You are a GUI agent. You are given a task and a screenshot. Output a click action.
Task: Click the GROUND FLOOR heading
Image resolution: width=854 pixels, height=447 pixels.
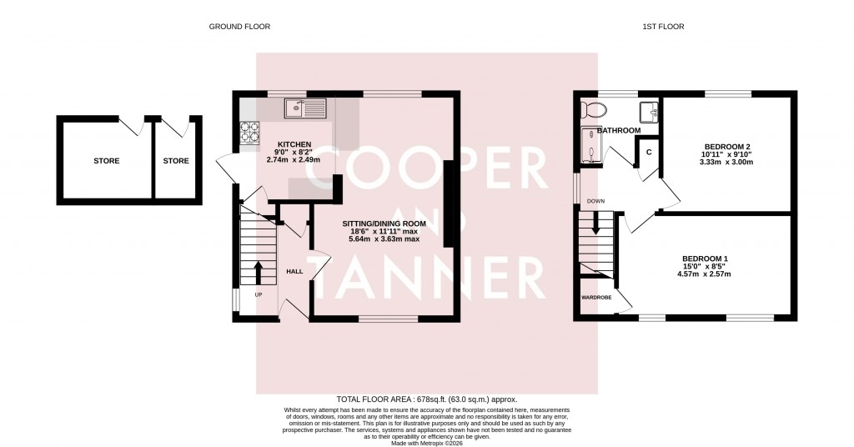point(239,27)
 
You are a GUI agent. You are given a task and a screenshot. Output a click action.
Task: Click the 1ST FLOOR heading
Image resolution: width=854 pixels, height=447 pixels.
point(663,27)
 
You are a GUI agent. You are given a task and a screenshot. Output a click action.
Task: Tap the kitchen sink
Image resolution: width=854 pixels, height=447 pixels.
point(306,108)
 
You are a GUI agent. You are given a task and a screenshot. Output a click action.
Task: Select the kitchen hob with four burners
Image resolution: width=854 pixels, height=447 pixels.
point(250,133)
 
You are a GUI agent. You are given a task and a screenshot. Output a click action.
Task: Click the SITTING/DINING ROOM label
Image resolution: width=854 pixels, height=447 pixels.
point(384,223)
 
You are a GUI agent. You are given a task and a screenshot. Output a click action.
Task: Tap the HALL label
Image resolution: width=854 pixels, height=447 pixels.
point(294,271)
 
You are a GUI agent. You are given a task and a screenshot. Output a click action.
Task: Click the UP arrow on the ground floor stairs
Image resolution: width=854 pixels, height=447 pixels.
point(257,272)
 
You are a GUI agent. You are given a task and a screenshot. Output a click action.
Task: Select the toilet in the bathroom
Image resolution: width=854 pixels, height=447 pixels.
point(594,109)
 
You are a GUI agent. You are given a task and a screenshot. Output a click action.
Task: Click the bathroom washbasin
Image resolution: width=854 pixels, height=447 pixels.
point(650,111)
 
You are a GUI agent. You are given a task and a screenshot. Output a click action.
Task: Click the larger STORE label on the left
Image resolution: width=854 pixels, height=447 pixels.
point(106,161)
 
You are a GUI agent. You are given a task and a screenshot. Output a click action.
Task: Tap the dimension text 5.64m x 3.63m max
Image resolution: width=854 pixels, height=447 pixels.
point(384,239)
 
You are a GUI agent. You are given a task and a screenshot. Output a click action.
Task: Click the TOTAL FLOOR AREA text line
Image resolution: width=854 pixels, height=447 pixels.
point(426,399)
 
